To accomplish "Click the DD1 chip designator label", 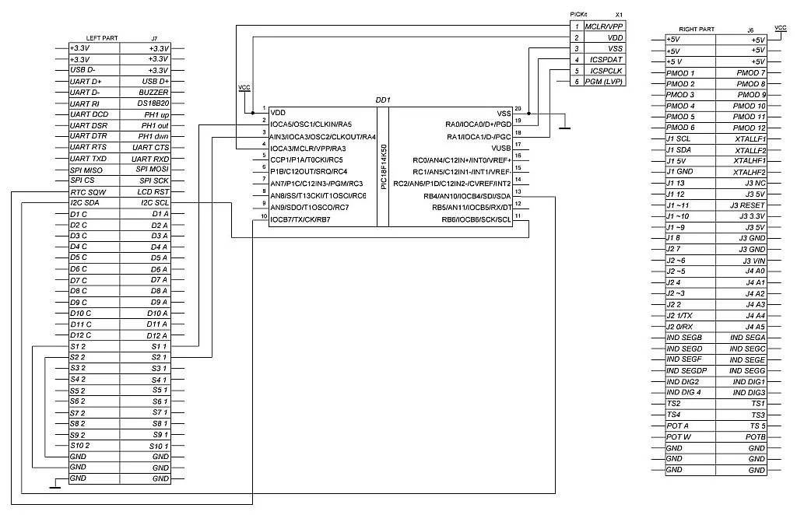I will pyautogui.click(x=383, y=100).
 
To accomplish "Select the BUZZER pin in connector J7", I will pyautogui.click(x=154, y=92).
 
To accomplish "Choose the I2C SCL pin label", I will pyautogui.click(x=153, y=202).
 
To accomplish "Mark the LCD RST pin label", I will pyautogui.click(x=153, y=191).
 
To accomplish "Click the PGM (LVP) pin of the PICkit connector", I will pyautogui.click(x=603, y=82).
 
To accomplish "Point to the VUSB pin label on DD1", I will pyautogui.click(x=500, y=147).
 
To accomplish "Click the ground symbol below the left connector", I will pyautogui.click(x=54, y=487).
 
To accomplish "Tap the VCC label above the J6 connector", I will pyautogui.click(x=781, y=27).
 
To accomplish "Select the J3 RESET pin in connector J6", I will pyautogui.click(x=748, y=205).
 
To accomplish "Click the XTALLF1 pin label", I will pyautogui.click(x=750, y=138).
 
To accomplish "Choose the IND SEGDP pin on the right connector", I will pyautogui.click(x=686, y=370).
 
